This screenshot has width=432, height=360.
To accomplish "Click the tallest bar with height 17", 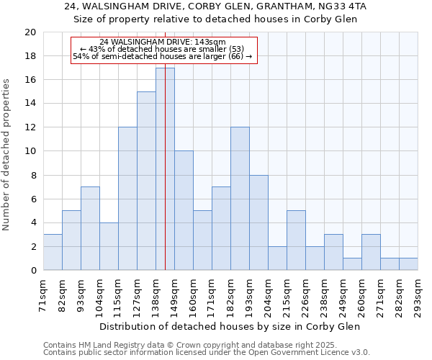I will click(165, 169).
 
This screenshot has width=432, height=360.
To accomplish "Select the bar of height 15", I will click(146, 181).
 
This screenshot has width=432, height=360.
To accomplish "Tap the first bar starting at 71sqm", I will click(53, 252).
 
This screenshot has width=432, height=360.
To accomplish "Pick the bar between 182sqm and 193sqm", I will click(240, 199).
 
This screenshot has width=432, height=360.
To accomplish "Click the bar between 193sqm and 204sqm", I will click(258, 222).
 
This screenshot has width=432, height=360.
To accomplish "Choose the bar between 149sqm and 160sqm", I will click(184, 210).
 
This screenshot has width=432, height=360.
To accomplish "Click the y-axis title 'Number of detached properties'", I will click(6, 154).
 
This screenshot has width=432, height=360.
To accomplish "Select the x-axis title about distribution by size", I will click(230, 326).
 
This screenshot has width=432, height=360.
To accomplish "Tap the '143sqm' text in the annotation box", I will click(211, 42).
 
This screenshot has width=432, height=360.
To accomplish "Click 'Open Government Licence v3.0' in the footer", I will click(309, 353).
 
